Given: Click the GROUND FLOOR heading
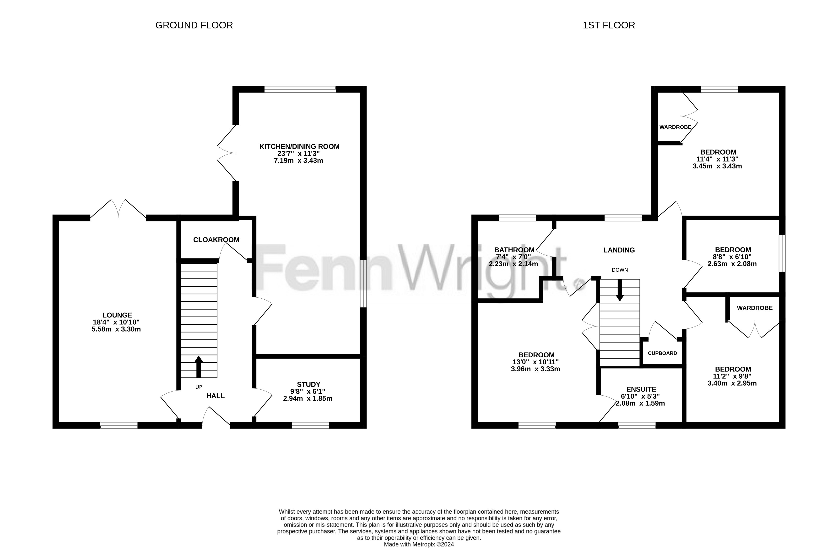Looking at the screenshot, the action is click(194, 25).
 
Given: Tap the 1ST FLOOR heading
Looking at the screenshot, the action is click(609, 25).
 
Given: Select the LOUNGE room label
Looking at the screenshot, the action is click(117, 315).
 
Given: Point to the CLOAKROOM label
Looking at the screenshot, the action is click(216, 240).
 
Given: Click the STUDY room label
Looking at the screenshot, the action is click(308, 384).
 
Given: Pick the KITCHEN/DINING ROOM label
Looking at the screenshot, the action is click(299, 146).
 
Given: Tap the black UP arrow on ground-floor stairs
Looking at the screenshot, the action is click(199, 367).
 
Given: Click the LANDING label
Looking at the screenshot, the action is click(619, 250).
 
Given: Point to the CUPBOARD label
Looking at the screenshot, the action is click(662, 353).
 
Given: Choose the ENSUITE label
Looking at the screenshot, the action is click(641, 389).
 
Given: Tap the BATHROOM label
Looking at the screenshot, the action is click(514, 250).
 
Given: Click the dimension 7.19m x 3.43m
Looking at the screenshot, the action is click(299, 161).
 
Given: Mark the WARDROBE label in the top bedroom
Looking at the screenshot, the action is click(675, 127).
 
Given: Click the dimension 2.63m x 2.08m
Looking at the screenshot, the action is click(732, 264).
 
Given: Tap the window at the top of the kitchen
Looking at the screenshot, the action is click(300, 89).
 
